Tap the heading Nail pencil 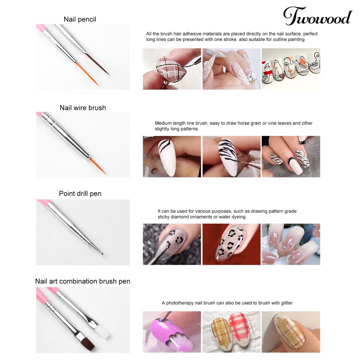[80, 19]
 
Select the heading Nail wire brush [83, 108]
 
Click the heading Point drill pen [80, 193]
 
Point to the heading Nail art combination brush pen [83, 281]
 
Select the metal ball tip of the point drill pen [101, 252]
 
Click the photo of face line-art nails [291, 69]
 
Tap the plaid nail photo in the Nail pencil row [172, 69]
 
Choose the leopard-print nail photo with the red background [231, 244]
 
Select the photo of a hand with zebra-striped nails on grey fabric [291, 156]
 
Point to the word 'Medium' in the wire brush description [163, 123]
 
